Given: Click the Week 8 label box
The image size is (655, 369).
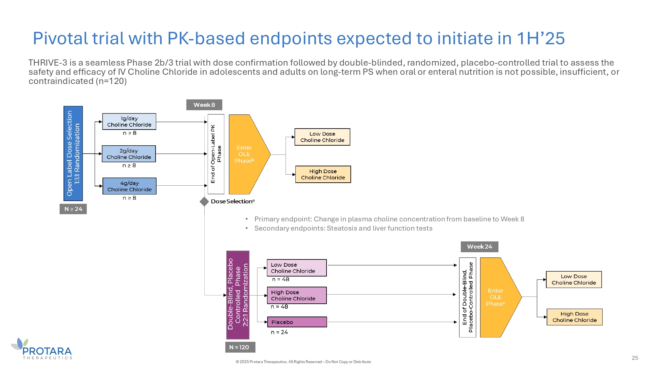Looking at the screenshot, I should [x=204, y=105].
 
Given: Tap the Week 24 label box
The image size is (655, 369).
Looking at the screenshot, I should [x=479, y=247].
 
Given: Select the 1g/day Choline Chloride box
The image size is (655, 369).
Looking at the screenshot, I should [x=129, y=122].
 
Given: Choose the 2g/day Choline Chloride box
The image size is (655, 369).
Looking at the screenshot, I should [x=129, y=154].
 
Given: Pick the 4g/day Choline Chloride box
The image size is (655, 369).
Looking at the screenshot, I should [x=129, y=186].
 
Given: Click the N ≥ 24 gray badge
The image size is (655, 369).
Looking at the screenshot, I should [x=73, y=209].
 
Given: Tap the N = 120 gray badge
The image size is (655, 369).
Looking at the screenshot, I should [x=240, y=347].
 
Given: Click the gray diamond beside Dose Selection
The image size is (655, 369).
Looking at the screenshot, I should [x=204, y=201].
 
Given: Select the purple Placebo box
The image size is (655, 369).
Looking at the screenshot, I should [x=297, y=322].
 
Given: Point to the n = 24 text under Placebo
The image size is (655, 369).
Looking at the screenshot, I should [x=279, y=332].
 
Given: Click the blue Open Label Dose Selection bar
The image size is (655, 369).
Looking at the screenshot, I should [x=73, y=154].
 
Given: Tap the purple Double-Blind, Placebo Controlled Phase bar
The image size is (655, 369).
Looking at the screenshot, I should [x=238, y=295].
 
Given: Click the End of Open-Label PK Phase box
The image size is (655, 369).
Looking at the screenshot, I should [x=216, y=154].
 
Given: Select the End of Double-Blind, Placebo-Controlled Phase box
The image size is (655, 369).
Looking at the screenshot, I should [x=467, y=297].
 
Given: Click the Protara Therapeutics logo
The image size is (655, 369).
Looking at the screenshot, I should [x=43, y=349].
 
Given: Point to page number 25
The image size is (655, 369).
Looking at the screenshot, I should [x=635, y=358].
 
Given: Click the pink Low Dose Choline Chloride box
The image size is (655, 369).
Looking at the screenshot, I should [x=296, y=268].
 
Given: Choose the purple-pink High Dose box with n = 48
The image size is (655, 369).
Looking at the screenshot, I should [x=296, y=295].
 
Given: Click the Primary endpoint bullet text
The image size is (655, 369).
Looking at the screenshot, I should [x=389, y=219].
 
